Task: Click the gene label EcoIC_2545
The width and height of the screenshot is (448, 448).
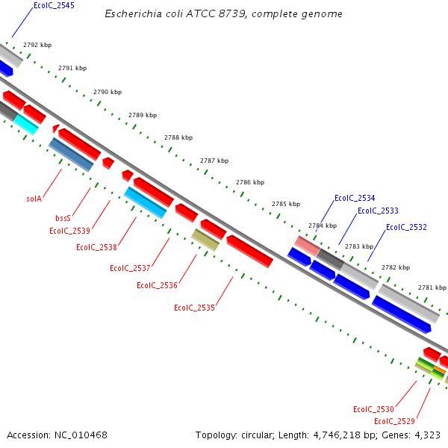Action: [x=54, y=5]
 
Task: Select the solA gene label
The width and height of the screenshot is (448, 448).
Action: [x=34, y=199]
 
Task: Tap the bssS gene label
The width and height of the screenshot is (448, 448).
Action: [x=63, y=219]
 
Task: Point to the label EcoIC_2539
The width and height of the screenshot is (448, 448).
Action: [x=69, y=231]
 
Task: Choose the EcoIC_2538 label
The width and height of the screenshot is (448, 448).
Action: [x=96, y=247]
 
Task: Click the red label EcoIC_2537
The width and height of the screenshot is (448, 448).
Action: [x=130, y=268]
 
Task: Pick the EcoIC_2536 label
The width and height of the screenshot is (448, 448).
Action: [x=157, y=285]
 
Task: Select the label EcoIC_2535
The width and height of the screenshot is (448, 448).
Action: [x=194, y=308]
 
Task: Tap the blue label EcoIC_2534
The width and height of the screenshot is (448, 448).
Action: [x=355, y=198]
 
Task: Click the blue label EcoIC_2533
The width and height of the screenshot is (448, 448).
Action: [x=378, y=211]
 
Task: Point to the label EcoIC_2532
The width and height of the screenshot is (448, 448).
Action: [x=406, y=227]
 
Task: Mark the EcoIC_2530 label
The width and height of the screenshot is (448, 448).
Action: [x=373, y=409]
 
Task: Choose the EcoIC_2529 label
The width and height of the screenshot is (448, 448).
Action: [x=395, y=422]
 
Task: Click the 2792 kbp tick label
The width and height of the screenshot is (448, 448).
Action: [x=37, y=46]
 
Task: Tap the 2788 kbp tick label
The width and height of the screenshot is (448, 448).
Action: [x=178, y=137]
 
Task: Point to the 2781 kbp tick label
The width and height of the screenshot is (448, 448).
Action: [x=432, y=287]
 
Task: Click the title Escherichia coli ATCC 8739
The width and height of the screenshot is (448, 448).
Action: [x=224, y=14]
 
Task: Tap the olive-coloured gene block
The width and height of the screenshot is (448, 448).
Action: [x=205, y=240]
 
